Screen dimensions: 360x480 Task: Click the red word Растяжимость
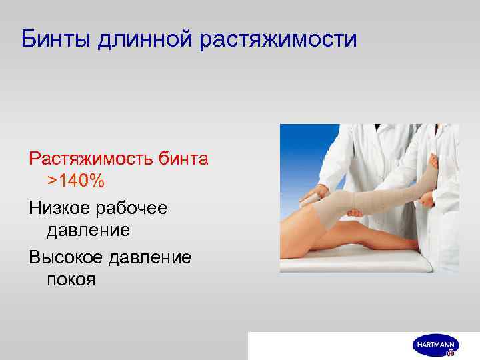pos(90,159)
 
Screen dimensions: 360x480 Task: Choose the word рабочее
pos(137,209)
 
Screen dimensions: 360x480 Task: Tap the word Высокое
pos(69,257)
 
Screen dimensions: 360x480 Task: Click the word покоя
pos(71,278)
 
